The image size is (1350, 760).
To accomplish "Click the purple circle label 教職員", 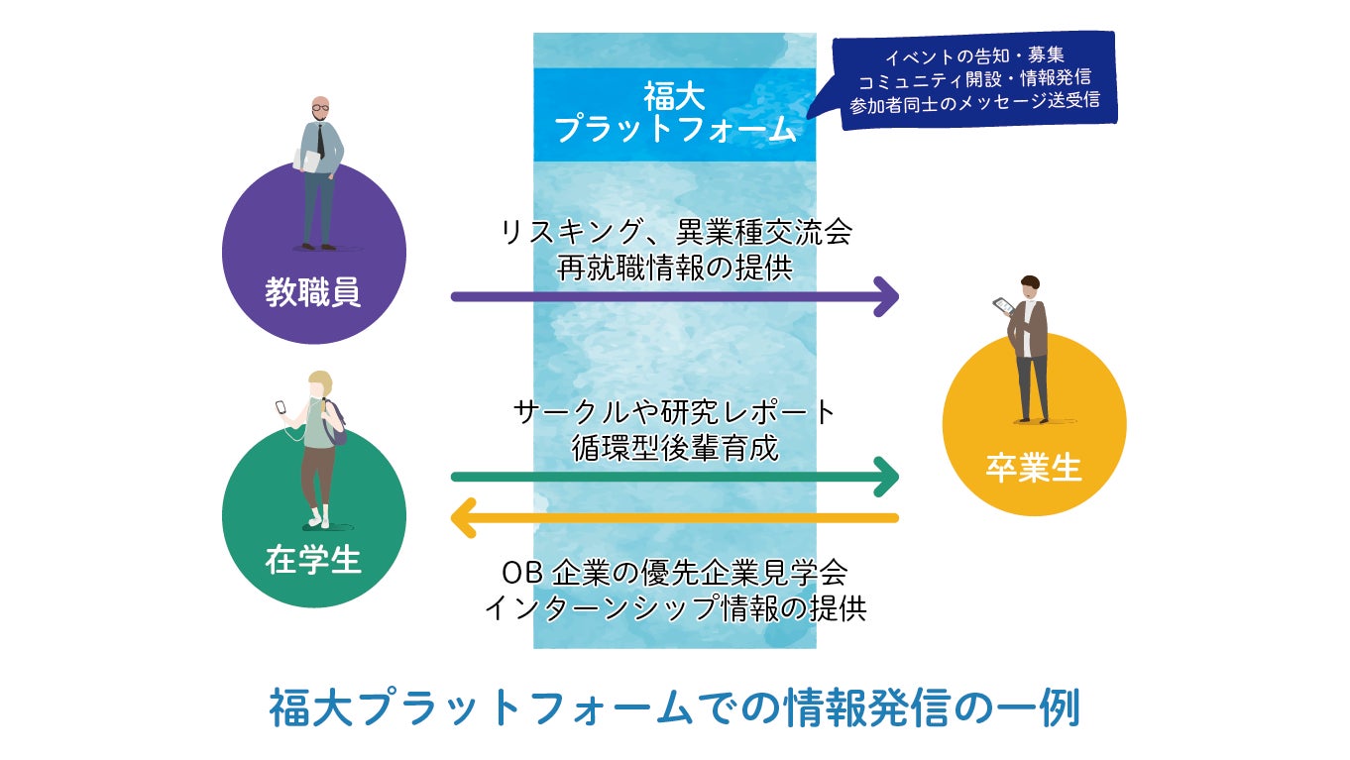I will tap(313, 292).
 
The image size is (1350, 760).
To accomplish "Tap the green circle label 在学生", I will tap(313, 560).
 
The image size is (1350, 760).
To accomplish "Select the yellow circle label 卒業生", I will tap(1034, 468).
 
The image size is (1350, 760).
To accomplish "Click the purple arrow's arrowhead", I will tap(886, 296).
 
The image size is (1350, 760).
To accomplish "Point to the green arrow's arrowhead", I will tap(886, 477).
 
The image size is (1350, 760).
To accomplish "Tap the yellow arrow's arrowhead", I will tap(464, 517).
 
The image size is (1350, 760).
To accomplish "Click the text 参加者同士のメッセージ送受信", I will tap(974, 102).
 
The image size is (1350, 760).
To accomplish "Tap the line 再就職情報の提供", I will tap(675, 268).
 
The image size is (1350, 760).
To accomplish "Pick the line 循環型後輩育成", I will tap(675, 447).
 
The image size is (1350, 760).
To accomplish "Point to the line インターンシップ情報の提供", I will tap(675, 606).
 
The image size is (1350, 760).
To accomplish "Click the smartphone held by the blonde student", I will tap(281, 406).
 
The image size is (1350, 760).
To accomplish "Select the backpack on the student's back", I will tap(336, 421).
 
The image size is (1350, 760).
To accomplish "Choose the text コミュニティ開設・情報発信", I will tap(974, 78).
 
